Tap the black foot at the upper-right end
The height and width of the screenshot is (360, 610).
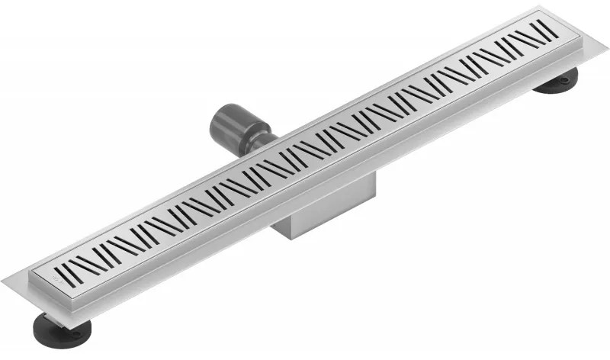[x=555, y=82]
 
